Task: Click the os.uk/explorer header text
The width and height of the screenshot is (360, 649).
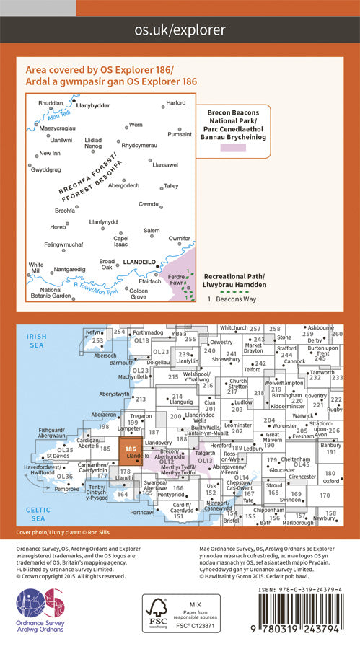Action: tap(180, 30)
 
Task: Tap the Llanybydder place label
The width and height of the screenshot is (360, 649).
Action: tap(93, 104)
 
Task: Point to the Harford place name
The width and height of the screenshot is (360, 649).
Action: tap(175, 102)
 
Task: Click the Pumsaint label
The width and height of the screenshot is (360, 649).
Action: tap(180, 134)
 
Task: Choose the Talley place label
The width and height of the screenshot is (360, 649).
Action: tap(171, 186)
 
